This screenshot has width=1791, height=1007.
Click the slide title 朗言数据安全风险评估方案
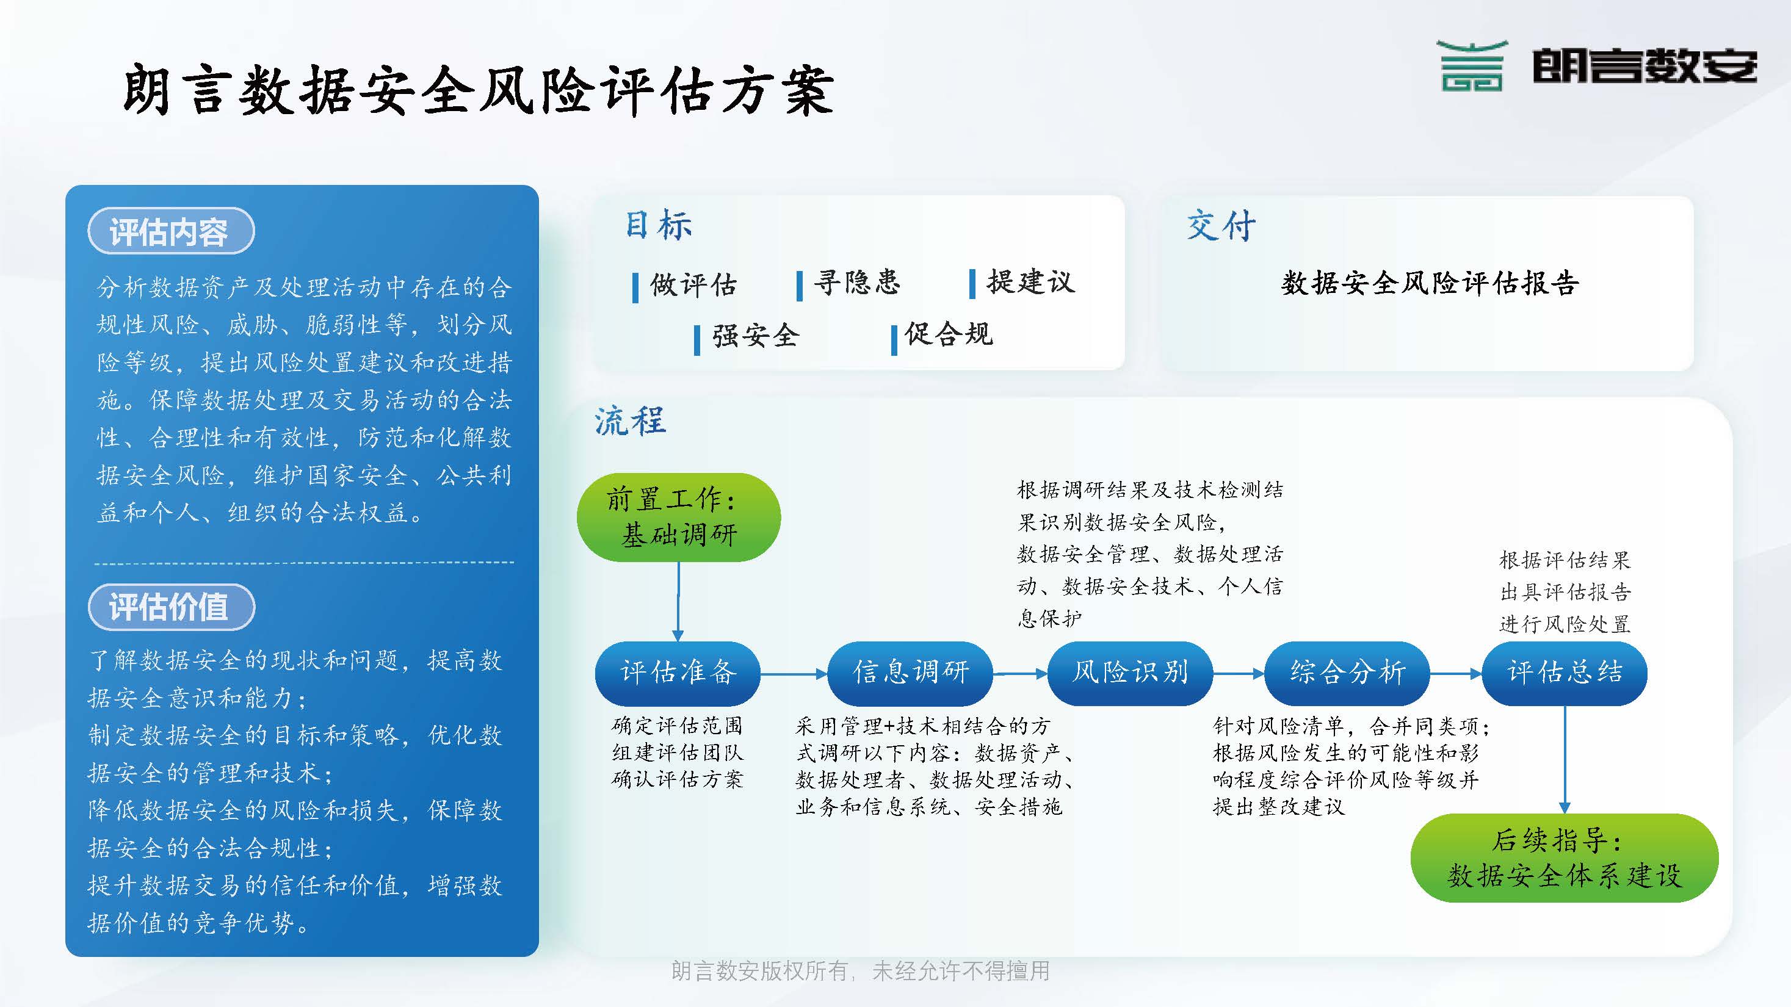tap(479, 90)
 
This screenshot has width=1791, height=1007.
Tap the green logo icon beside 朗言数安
tap(1471, 66)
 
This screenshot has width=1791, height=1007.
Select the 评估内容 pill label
tap(171, 231)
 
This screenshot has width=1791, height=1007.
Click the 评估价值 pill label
tap(171, 607)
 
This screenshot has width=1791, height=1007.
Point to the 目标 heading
tap(657, 225)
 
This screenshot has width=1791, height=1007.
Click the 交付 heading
tap(1221, 225)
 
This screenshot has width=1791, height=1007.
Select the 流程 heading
tap(630, 420)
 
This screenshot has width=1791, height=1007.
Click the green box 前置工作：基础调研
tap(679, 517)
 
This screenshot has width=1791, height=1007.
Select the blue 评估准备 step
tap(678, 673)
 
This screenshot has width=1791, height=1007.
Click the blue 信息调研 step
tap(910, 673)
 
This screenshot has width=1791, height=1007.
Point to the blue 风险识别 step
tap(1130, 673)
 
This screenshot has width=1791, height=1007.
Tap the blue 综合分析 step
tap(1347, 673)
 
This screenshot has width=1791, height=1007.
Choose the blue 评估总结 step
tap(1565, 673)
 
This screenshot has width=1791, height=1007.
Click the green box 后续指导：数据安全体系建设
tap(1565, 857)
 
